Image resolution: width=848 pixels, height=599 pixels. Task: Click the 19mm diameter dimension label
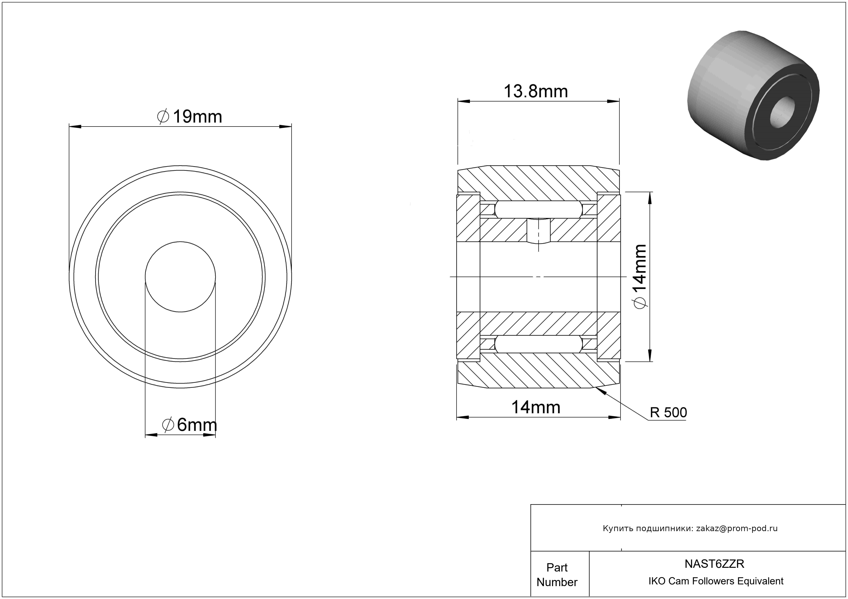pos(190,117)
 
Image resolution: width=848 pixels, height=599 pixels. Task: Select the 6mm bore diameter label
pos(190,425)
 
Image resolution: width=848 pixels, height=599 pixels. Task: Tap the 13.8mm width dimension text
pos(536,91)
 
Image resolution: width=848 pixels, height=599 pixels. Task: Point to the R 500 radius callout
pos(668,412)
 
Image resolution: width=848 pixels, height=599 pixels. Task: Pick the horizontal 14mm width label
pos(536,407)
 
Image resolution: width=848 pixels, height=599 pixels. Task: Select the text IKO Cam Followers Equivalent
pos(716,581)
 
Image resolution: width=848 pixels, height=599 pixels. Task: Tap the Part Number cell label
pos(557,575)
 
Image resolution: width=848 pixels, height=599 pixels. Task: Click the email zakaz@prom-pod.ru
pos(737,528)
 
